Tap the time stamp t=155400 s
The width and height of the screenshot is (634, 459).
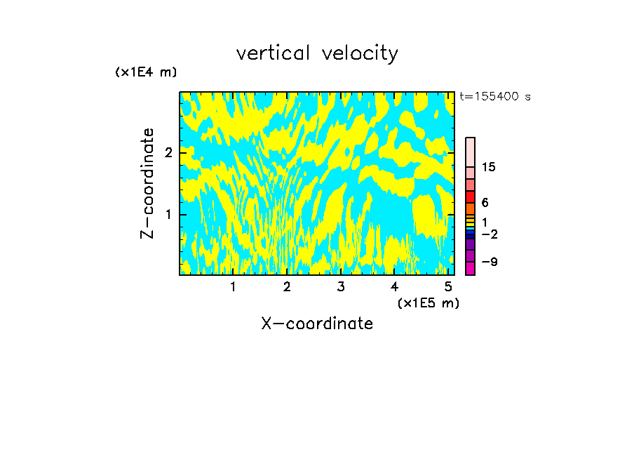(494, 97)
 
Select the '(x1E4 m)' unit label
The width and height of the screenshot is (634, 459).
(146, 72)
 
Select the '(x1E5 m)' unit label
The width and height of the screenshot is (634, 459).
(428, 302)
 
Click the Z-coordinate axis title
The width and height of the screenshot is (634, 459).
(147, 183)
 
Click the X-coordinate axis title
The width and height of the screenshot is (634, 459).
(317, 324)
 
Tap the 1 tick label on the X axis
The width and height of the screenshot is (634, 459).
(233, 286)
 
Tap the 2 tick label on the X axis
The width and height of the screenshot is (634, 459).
(287, 286)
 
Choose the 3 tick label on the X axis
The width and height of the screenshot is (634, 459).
(340, 286)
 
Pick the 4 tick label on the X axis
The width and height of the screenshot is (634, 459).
(394, 286)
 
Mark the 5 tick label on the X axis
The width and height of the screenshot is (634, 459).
(447, 286)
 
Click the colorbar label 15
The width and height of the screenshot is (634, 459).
(489, 167)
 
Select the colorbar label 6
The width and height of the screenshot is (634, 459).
(485, 203)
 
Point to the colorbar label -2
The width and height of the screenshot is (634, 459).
(489, 234)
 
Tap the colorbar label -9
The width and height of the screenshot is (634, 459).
(489, 262)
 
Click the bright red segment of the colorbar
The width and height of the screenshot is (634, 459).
(470, 197)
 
